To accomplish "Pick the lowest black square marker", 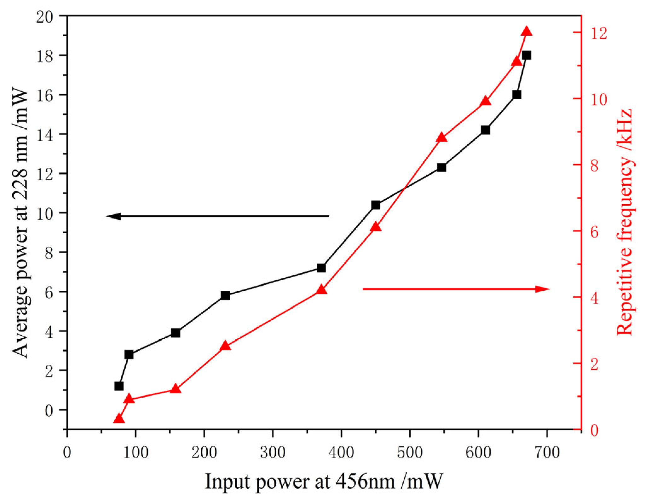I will (x=119, y=386).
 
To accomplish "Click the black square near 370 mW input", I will (x=321, y=268).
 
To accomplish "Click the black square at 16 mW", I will (x=516, y=95).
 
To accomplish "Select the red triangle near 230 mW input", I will (x=225, y=346).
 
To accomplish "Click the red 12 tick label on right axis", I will (x=599, y=33).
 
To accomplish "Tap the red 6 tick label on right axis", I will (x=595, y=232).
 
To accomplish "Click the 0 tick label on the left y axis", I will (x=49, y=411).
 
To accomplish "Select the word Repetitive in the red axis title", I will (x=625, y=293).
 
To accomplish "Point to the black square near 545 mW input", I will (x=441, y=167).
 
